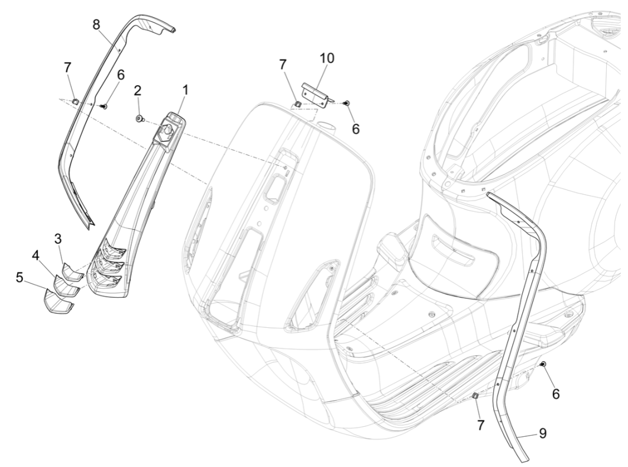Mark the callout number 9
[x=542, y=434]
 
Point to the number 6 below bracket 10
[x=355, y=128]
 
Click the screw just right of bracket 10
[x=347, y=103]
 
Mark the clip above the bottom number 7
[x=475, y=395]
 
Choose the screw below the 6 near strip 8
[x=103, y=107]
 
